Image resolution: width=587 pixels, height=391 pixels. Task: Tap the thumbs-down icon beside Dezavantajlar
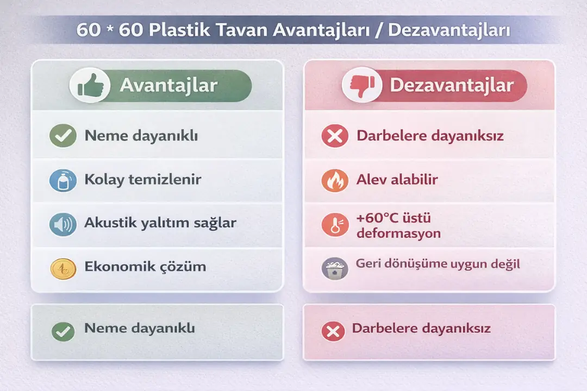tap(362, 85)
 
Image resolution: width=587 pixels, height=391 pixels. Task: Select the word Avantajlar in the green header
tap(168, 85)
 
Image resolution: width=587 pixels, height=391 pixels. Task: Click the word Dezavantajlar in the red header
tap(451, 85)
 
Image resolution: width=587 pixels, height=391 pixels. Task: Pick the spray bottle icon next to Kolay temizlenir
tap(63, 180)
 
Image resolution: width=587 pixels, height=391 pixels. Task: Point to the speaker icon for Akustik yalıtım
tap(63, 224)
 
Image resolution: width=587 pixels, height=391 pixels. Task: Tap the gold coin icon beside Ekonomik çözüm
tap(63, 268)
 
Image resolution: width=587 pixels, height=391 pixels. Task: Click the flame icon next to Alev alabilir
tap(335, 180)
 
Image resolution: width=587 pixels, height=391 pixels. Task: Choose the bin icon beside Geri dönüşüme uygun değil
tap(335, 268)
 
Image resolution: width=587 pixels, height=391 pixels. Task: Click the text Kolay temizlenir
tap(142, 180)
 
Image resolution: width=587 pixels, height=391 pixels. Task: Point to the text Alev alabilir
tap(397, 180)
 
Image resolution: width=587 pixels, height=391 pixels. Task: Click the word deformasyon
tap(398, 234)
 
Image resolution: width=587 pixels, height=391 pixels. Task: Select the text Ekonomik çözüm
tap(145, 267)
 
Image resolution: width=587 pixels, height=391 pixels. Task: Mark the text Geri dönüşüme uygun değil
tap(438, 264)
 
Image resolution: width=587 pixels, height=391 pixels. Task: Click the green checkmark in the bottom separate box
tap(63, 331)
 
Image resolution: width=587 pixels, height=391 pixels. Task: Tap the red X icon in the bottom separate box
tap(333, 331)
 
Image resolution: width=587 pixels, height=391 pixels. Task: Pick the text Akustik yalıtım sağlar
tap(160, 223)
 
